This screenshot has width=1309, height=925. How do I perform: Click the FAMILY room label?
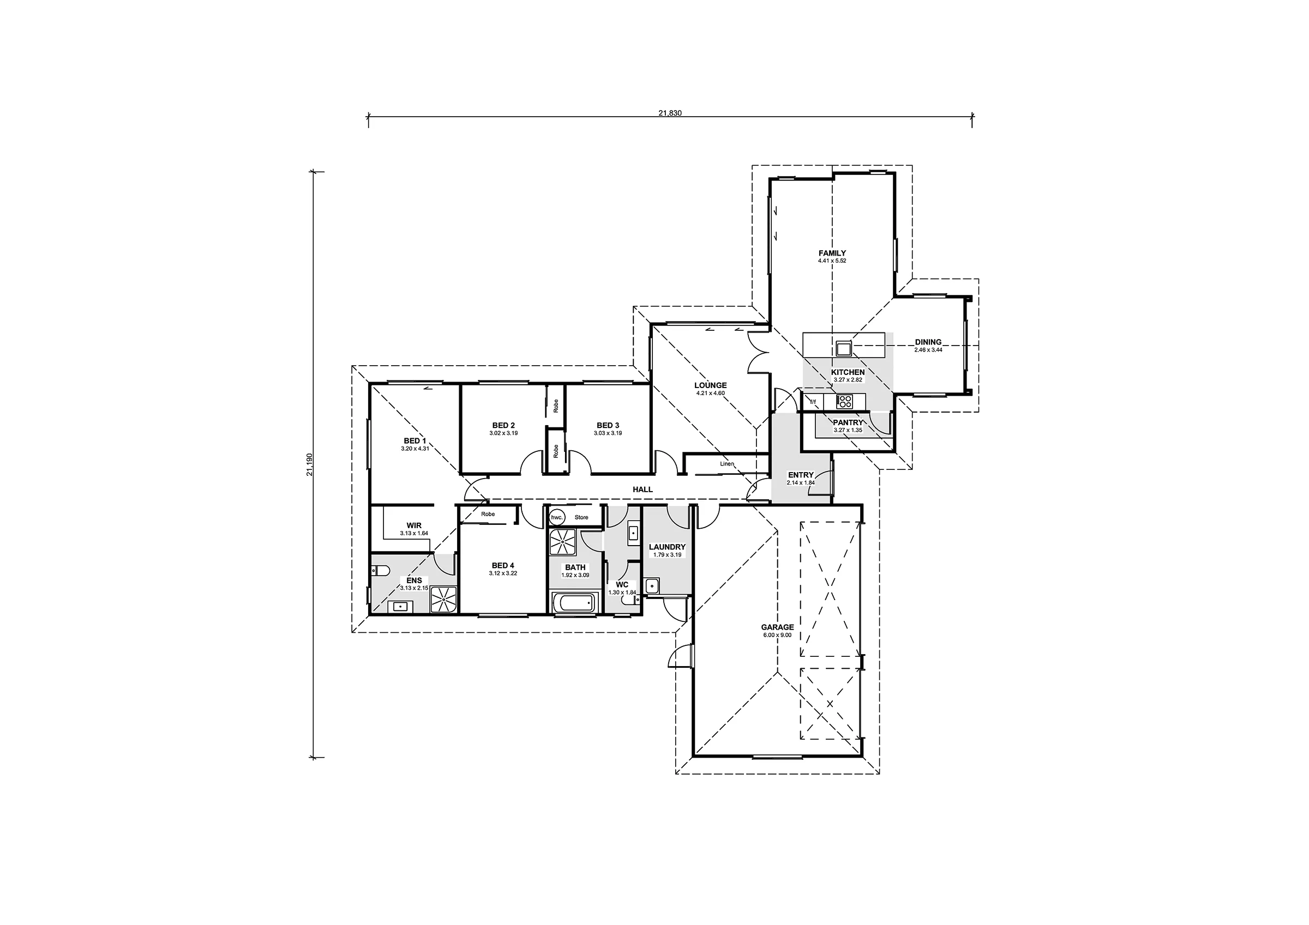click(832, 253)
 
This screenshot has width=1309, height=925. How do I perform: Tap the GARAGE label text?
click(777, 627)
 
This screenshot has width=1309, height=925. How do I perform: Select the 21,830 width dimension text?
click(670, 113)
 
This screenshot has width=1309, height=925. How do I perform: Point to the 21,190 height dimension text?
click(309, 464)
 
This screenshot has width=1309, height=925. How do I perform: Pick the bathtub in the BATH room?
click(574, 603)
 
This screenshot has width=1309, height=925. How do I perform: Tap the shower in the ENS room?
click(443, 600)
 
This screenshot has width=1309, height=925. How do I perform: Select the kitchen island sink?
click(843, 347)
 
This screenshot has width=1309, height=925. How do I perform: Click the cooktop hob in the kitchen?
click(844, 402)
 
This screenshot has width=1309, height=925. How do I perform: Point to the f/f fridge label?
click(813, 402)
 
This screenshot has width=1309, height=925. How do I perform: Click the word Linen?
click(727, 464)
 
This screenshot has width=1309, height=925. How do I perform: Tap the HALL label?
click(643, 489)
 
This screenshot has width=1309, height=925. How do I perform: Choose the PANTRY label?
click(848, 423)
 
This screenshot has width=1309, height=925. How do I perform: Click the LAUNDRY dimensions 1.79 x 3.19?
click(667, 554)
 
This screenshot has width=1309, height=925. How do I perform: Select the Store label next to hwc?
click(581, 517)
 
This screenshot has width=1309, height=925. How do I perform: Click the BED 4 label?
click(503, 566)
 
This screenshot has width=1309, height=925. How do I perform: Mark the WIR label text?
click(414, 525)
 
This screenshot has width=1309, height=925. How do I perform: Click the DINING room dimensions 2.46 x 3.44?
click(928, 350)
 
